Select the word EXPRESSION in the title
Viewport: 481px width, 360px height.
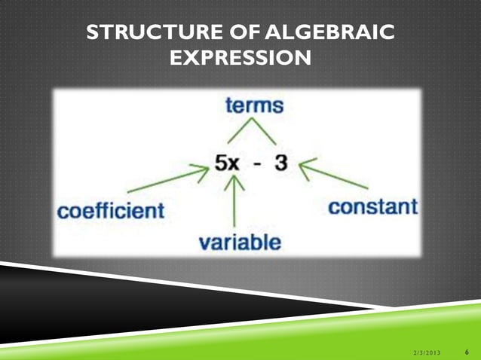click(240, 57)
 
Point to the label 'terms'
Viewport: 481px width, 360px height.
click(254, 105)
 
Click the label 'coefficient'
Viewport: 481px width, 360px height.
click(111, 210)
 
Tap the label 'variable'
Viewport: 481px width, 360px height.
click(240, 242)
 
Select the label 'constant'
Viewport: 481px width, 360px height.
click(372, 206)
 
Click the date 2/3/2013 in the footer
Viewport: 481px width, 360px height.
click(428, 352)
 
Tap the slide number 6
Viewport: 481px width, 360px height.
click(467, 351)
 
